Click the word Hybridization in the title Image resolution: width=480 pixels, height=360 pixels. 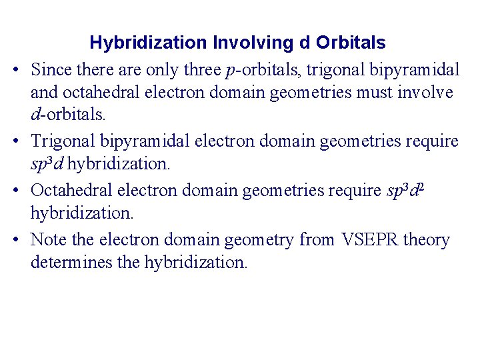[148, 43]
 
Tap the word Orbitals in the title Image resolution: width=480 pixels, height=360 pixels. [351, 43]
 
